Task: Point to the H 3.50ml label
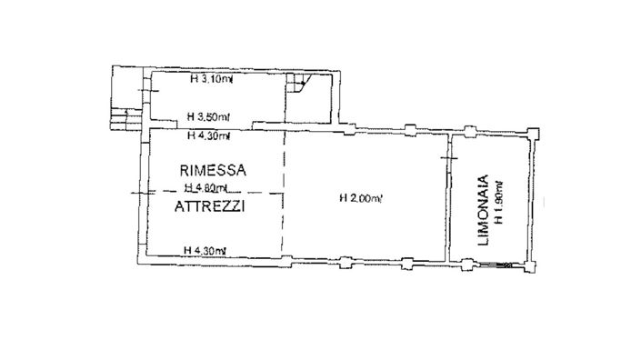coord(207,117)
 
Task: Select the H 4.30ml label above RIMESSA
coord(207,137)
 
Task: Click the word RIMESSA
coord(210,169)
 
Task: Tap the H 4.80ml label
coord(206,188)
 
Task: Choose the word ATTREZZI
coord(210,207)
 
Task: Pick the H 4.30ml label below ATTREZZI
coord(204,250)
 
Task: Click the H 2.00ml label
coord(360,197)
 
